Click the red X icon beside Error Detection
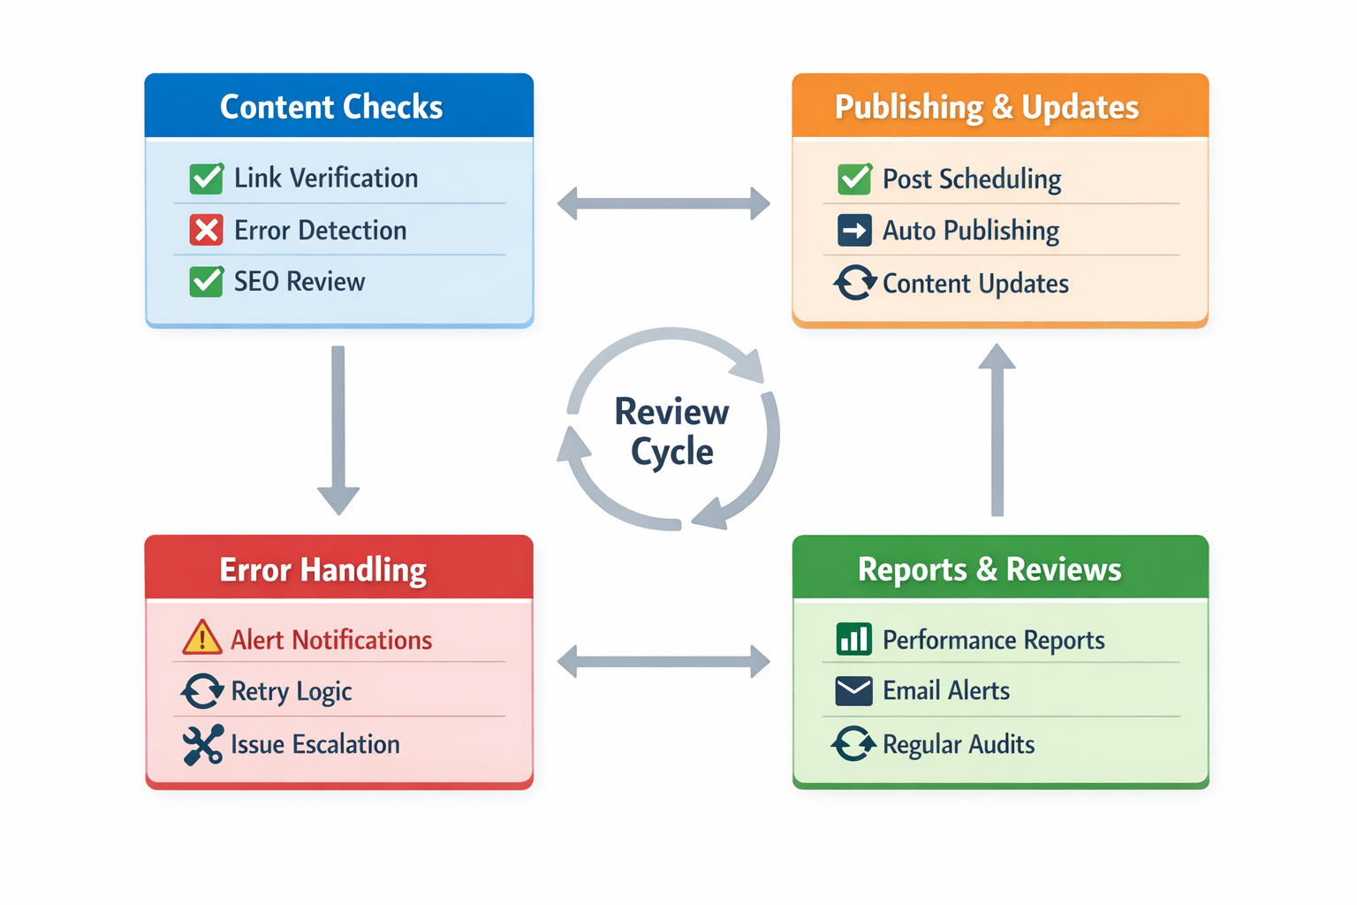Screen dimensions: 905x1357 pyautogui.click(x=206, y=231)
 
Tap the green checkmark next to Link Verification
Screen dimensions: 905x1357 pyautogui.click(x=206, y=179)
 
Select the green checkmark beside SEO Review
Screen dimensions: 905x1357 pyautogui.click(x=206, y=282)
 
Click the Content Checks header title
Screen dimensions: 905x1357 pyautogui.click(x=331, y=107)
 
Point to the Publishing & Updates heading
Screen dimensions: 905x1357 pyautogui.click(x=986, y=107)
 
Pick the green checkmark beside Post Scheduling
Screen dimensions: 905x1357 pyautogui.click(x=854, y=179)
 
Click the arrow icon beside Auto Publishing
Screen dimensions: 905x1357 pyautogui.click(x=854, y=232)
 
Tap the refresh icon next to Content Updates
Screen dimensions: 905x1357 pyautogui.click(x=854, y=283)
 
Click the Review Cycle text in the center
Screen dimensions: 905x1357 pyautogui.click(x=671, y=431)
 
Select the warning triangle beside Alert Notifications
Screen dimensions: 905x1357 pyautogui.click(x=202, y=638)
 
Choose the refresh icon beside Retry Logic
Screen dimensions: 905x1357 pyautogui.click(x=202, y=691)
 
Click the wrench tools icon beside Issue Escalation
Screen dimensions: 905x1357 pyautogui.click(x=202, y=744)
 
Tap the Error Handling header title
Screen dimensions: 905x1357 pyautogui.click(x=322, y=570)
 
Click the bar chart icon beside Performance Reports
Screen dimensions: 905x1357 pyautogui.click(x=853, y=639)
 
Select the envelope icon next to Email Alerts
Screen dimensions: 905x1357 pyautogui.click(x=853, y=691)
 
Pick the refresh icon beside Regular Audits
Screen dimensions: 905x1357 pyautogui.click(x=853, y=744)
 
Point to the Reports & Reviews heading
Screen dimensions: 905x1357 pyautogui.click(x=989, y=570)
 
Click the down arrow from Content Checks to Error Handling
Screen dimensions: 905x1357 pyautogui.click(x=338, y=430)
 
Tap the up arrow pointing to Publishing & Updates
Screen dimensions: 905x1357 pyautogui.click(x=997, y=430)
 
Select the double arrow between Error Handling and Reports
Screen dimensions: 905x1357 pyautogui.click(x=663, y=661)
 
